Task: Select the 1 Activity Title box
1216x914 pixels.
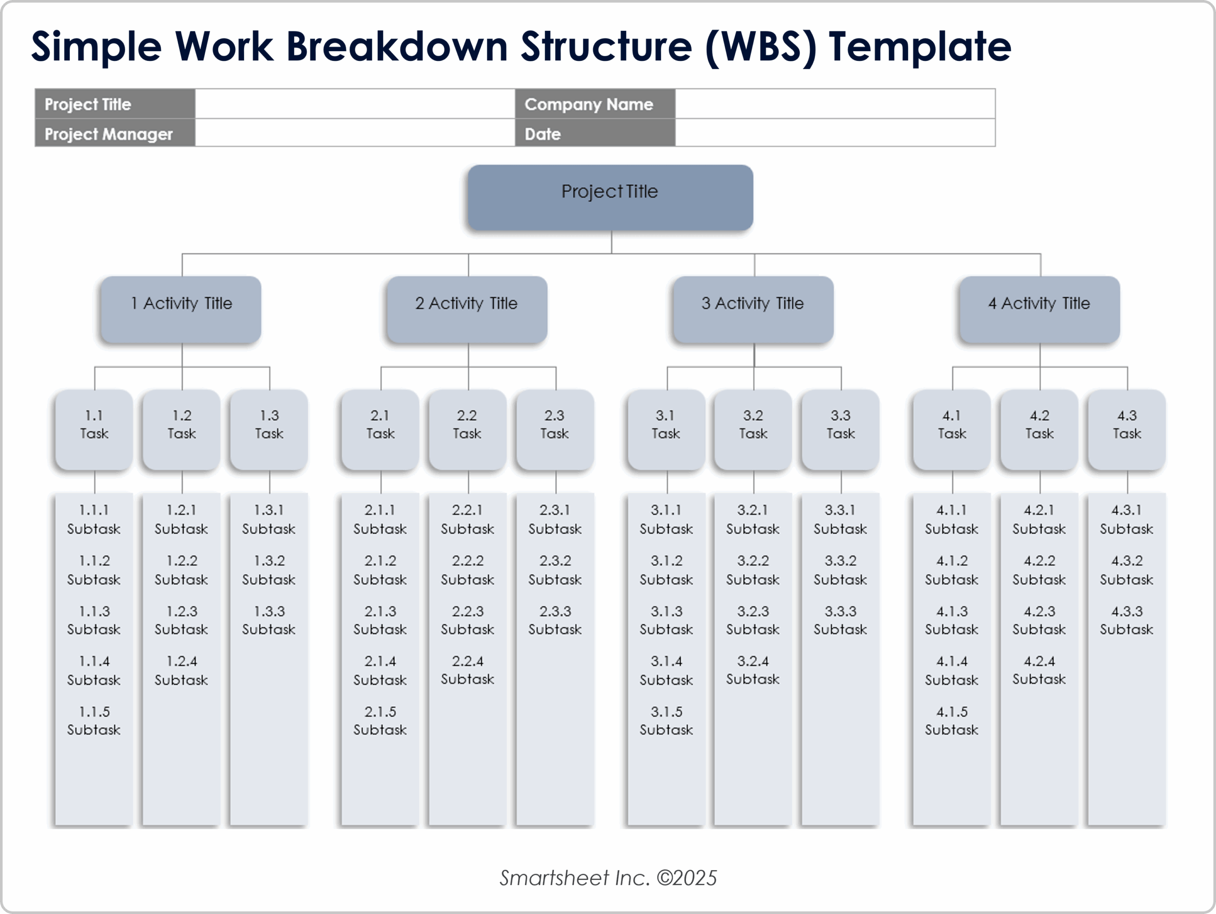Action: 181,309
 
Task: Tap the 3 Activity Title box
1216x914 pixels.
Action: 752,309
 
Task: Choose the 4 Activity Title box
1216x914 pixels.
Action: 1039,309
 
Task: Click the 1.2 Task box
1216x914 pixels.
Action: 181,429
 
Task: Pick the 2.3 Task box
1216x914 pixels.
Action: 555,429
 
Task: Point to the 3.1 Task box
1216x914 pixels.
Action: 666,429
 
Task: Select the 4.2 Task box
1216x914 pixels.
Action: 1039,429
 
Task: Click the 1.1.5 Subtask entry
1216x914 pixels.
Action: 94,721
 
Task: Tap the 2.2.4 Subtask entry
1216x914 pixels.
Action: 467,670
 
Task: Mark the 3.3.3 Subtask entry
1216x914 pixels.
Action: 840,620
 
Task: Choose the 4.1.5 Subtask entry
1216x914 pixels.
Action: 951,721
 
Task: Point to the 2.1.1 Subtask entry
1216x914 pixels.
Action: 380,519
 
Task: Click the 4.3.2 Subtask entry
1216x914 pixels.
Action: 1126,570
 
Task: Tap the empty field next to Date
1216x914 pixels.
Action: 835,133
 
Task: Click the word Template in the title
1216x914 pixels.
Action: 920,46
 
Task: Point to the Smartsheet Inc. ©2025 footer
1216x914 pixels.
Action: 608,878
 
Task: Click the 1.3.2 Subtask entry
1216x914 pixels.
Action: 269,570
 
